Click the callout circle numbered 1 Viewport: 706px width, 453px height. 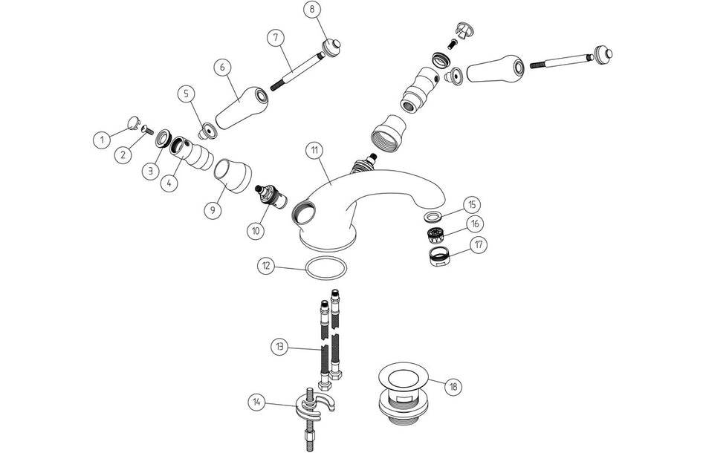coord(103,140)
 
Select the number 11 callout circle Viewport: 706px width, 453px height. coord(314,151)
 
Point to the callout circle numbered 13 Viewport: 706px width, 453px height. coord(279,347)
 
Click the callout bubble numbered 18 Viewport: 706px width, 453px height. coord(453,386)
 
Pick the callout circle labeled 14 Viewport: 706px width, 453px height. coord(256,402)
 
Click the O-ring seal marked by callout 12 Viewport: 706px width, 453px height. coord(326,268)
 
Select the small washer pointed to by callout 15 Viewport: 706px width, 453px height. coord(433,216)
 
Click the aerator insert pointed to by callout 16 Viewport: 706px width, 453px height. coord(435,235)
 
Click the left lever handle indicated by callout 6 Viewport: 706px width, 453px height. coord(242,107)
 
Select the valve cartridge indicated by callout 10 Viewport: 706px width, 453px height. coord(271,197)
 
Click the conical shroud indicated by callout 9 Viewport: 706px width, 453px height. coord(233,176)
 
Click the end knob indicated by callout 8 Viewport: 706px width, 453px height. coord(332,48)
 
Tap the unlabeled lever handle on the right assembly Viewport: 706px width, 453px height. coord(495,69)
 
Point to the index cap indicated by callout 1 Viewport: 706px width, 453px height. coord(134,123)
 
